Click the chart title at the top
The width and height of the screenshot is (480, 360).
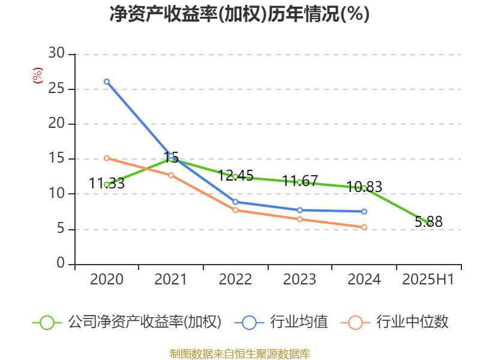point(239,14)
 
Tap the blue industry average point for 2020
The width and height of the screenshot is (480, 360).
point(107,82)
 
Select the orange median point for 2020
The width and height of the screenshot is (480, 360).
point(107,158)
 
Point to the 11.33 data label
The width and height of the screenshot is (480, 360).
point(107,184)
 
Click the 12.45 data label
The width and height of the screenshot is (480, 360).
point(235,176)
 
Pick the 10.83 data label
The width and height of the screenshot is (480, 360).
point(364,187)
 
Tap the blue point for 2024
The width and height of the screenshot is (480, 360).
point(364,212)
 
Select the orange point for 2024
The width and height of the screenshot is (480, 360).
point(364,227)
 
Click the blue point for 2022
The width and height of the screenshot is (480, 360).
point(235,202)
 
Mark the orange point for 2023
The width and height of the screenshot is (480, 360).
point(299,219)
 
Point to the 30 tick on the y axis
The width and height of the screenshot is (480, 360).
point(56,53)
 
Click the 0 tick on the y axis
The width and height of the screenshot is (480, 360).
point(61,263)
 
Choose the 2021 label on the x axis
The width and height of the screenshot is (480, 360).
point(170,279)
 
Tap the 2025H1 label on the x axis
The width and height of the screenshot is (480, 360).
point(428,279)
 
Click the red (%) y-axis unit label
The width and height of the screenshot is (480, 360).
point(37,76)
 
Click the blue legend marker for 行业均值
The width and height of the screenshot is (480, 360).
point(249,323)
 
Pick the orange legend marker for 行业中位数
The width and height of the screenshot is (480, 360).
point(355,323)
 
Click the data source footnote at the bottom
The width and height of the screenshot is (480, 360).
point(240,354)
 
